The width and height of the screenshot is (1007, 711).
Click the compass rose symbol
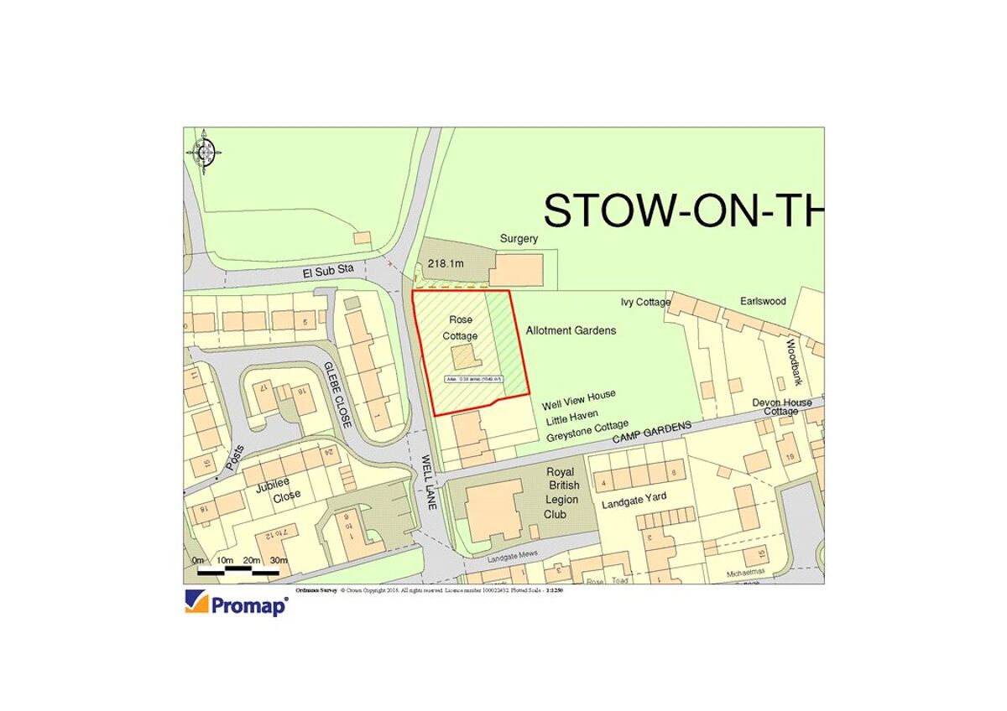click(x=204, y=152)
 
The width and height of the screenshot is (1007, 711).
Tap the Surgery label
click(x=519, y=239)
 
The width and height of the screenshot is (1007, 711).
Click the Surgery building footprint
click(x=517, y=270)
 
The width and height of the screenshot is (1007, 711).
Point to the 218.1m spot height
click(x=446, y=263)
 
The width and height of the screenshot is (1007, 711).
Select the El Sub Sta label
click(x=330, y=270)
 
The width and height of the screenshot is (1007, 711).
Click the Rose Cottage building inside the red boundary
click(x=464, y=356)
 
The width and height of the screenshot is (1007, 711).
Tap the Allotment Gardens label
click(x=571, y=330)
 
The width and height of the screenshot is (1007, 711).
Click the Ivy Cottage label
click(x=645, y=302)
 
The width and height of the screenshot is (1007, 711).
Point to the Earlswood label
click(x=763, y=300)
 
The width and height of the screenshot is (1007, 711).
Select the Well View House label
click(x=578, y=395)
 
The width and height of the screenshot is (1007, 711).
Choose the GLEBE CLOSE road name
click(x=337, y=395)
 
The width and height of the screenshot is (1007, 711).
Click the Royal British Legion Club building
click(x=493, y=511)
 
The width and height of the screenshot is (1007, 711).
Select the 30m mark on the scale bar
click(x=279, y=560)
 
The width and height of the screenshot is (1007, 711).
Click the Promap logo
click(x=237, y=604)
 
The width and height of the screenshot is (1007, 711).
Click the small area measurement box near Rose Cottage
click(x=474, y=380)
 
